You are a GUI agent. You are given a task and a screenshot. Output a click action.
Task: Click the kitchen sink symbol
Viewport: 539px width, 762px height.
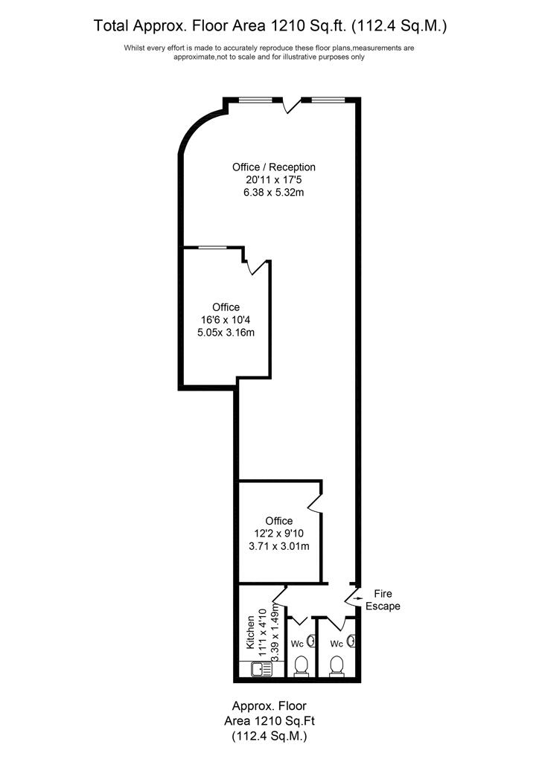click(262, 669)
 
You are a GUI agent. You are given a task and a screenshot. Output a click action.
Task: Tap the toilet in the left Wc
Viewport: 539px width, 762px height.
click(302, 666)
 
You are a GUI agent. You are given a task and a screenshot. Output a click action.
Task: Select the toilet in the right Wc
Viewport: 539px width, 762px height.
click(336, 666)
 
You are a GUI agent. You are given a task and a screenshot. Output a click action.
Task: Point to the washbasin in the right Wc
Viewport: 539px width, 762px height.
click(352, 641)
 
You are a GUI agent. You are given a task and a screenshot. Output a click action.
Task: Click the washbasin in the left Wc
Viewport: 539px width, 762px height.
click(313, 641)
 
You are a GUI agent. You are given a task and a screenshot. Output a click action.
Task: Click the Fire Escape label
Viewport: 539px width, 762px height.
click(383, 600)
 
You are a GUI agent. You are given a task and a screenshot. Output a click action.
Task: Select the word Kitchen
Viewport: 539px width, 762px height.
click(251, 633)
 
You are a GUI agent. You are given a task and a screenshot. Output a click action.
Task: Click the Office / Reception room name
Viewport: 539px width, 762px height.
click(274, 167)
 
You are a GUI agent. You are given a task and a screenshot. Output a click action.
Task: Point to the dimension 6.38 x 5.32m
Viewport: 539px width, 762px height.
click(274, 193)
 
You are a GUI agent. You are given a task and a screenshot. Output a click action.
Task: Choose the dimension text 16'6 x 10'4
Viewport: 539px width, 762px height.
click(226, 320)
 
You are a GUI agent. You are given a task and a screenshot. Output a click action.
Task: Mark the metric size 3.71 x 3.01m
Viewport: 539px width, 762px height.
click(279, 545)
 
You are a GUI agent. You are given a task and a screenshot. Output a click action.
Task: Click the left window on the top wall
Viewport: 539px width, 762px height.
click(255, 100)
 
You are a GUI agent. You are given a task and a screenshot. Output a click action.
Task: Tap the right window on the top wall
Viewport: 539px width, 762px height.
click(328, 100)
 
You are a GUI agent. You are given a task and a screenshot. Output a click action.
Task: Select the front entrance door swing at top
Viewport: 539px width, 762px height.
click(292, 104)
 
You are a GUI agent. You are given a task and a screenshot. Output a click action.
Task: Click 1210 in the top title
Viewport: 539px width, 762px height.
click(287, 25)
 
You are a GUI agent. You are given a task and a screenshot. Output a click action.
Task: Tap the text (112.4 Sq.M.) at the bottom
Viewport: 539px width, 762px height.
click(269, 736)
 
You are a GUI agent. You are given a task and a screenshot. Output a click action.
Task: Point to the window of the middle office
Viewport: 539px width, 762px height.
click(212, 247)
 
